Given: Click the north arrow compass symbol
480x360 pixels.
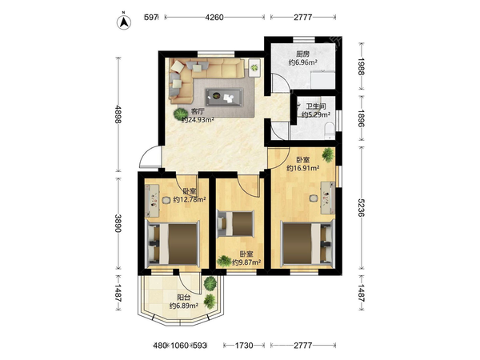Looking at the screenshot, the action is coord(124,22).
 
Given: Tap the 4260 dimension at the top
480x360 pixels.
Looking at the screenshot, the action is coord(214,18).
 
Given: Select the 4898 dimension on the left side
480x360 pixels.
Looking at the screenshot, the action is coord(118,114).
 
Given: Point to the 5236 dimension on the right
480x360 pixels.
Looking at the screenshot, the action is coord(362,207).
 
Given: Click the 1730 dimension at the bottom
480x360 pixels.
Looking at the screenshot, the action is coord(244,346).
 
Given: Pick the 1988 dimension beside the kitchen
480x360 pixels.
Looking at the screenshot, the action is coord(362,66).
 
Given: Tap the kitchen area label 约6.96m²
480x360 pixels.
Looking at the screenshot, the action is coord(302,62).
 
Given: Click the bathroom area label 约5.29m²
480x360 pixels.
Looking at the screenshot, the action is coord(316,114).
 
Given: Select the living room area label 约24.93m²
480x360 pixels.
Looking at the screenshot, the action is coord(198,120).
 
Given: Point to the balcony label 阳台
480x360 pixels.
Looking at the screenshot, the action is coord(184,298).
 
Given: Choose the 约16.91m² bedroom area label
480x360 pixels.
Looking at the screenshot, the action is coord(303,168).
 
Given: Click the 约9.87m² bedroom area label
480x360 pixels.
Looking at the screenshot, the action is coord(246,262).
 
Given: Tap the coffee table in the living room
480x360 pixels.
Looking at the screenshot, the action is coord(224,97).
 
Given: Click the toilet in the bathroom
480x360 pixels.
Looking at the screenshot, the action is coord(330,130).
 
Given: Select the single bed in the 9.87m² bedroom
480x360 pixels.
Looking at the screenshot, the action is coord(235,224).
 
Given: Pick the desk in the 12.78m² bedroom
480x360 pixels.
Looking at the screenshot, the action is coord(152,200).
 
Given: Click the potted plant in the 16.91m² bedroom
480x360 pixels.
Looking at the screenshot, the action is coord(328,155).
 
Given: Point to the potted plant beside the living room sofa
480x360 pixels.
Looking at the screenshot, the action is coord(179,114).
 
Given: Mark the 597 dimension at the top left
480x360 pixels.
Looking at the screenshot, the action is coord(151,18).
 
